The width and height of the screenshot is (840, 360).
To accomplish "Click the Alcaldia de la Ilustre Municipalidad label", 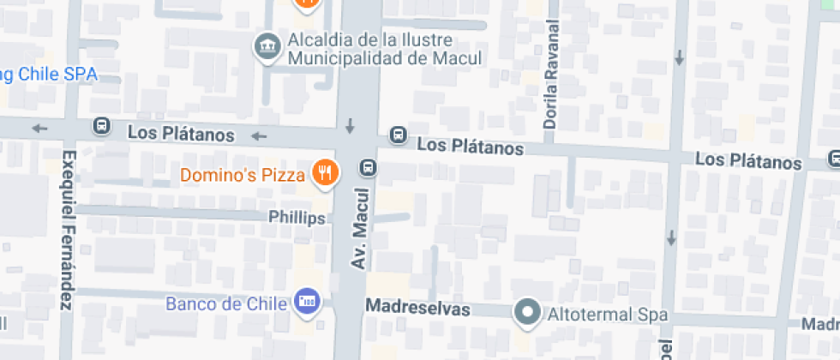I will (384, 50).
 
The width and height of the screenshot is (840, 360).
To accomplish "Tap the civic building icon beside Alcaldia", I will (267, 45).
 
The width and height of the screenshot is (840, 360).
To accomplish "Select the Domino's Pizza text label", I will (243, 176).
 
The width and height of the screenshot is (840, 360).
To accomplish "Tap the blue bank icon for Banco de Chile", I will (307, 301).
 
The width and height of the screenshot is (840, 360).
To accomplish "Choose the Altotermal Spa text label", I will (610, 315).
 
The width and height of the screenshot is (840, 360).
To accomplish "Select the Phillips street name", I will (297, 218).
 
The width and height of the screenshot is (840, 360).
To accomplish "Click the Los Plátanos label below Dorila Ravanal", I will (471, 147).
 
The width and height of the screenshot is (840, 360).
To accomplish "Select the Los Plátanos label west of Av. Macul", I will (181, 134).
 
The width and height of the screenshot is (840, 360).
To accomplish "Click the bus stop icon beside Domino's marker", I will (369, 167).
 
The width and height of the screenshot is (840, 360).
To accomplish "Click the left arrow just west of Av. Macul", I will (259, 135).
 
